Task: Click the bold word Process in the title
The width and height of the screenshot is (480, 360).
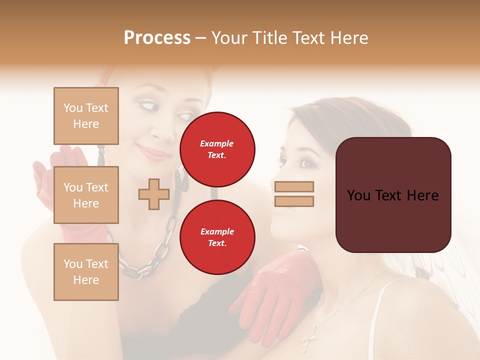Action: [x=157, y=37]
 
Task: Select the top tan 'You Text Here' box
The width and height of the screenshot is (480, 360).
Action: [x=86, y=116]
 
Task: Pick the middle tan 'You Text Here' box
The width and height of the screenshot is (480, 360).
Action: [x=86, y=195]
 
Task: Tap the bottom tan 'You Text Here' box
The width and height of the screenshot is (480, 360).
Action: [x=86, y=272]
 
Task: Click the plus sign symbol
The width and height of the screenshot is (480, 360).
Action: [x=153, y=194]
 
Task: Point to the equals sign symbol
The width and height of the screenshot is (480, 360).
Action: [x=294, y=194]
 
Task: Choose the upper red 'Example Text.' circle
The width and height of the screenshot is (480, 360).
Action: [x=217, y=149]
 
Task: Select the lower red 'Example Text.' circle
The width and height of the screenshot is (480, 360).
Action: [x=217, y=237]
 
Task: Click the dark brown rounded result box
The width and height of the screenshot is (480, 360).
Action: [x=393, y=195]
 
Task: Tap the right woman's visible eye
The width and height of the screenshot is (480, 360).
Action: [x=304, y=162]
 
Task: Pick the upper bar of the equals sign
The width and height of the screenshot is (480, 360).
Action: [x=294, y=187]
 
